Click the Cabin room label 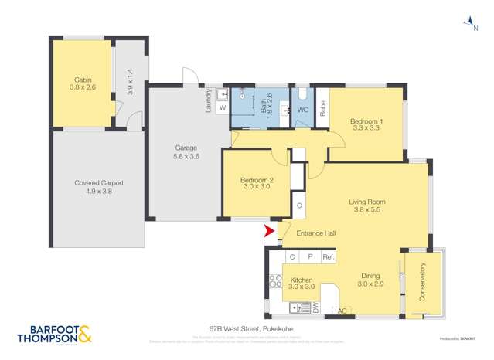tap(83, 83)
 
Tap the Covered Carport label tap(99, 187)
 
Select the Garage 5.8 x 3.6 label tap(186, 152)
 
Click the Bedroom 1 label tap(366, 125)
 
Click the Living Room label tap(366, 206)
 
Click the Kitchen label tap(302, 284)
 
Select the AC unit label tap(342, 311)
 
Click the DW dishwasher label tap(315, 307)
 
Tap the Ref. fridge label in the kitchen tap(328, 257)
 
